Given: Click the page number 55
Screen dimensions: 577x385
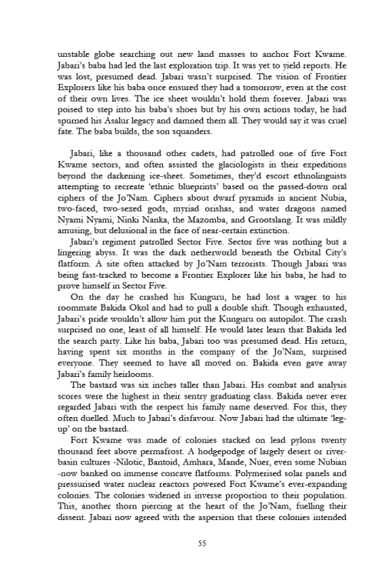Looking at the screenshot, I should point(192,542).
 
